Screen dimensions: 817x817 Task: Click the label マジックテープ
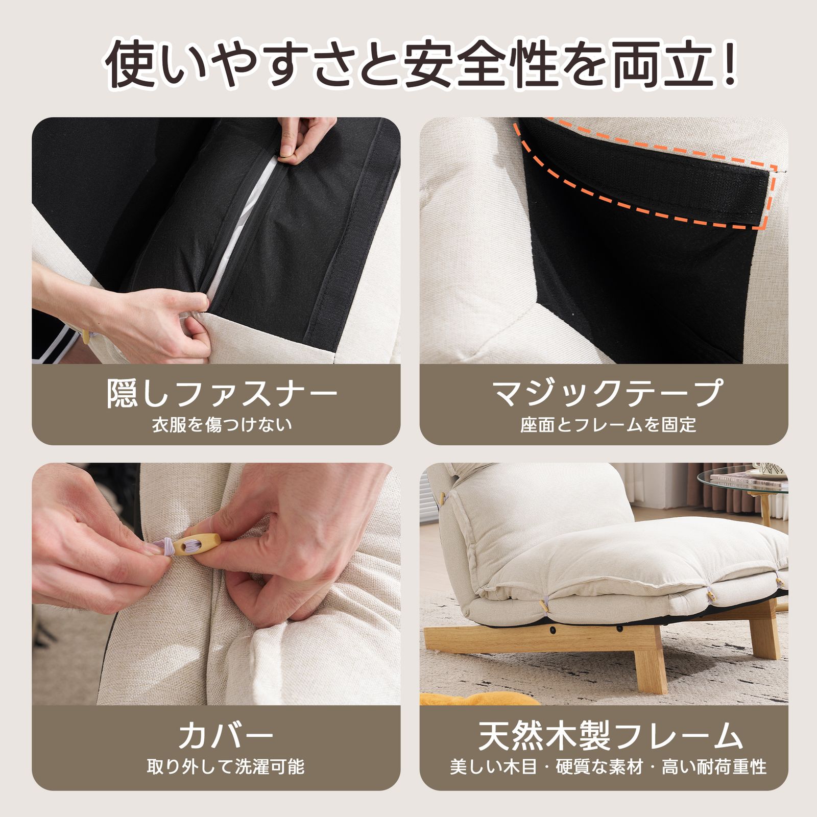608,393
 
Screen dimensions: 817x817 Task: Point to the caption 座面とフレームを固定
608,425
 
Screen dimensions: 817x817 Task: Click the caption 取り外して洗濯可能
225,767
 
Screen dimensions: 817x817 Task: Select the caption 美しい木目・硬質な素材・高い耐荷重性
608,767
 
